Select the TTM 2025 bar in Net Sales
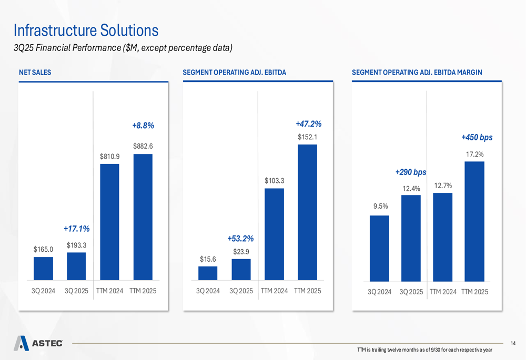click(x=143, y=217)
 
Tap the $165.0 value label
click(x=43, y=249)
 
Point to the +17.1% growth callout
click(x=76, y=229)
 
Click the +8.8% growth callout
click(x=143, y=126)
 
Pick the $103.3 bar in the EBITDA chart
click(x=274, y=234)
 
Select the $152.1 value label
click(x=307, y=137)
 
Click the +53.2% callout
click(x=240, y=239)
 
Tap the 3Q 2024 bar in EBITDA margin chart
click(x=379, y=248)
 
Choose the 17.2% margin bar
click(x=474, y=221)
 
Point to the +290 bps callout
click(x=410, y=172)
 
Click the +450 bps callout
click(x=477, y=137)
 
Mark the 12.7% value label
click(x=443, y=186)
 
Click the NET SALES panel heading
click(x=35, y=73)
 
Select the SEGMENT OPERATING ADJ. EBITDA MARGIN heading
click(x=417, y=73)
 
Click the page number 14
click(x=513, y=343)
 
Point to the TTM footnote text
click(x=424, y=350)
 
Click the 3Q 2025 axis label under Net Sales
click(x=76, y=291)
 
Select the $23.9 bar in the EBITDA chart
click(x=241, y=269)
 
